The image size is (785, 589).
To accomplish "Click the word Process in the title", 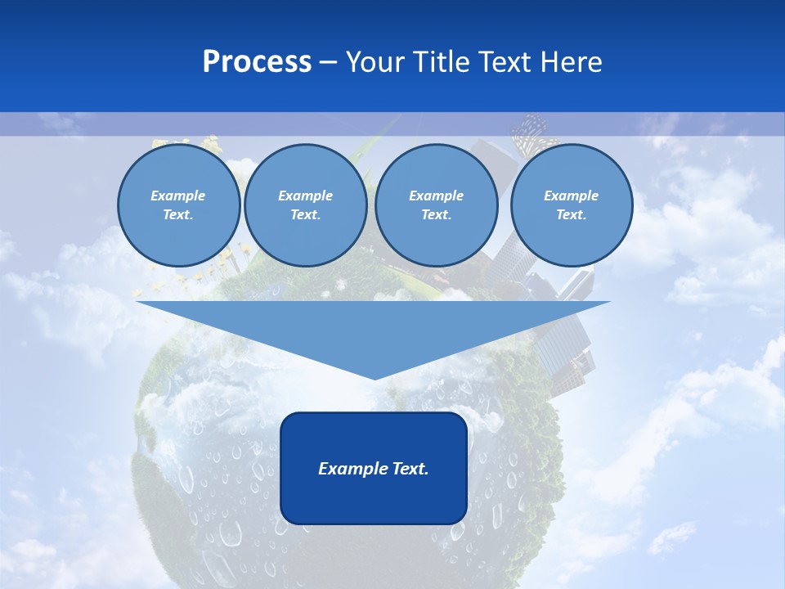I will pos(257,62).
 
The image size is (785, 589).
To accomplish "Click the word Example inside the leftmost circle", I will pos(178,196).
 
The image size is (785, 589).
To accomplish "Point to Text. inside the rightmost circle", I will pos(572,214).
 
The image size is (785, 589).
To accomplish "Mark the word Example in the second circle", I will pos(305,196).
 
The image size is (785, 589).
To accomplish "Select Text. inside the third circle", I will pos(436,214).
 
